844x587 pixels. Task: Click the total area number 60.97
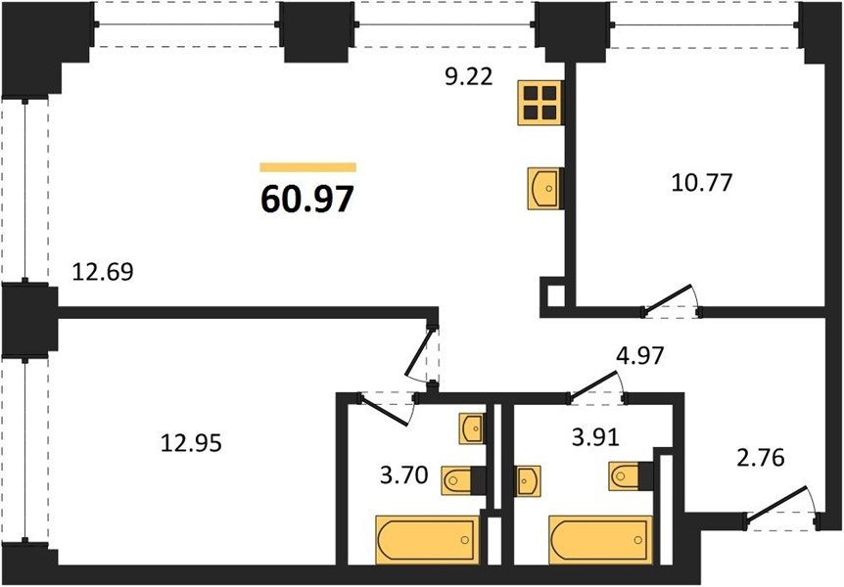pyautogui.click(x=307, y=199)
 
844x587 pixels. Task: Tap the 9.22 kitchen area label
pyautogui.click(x=469, y=77)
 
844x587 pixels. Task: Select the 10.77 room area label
pyautogui.click(x=702, y=182)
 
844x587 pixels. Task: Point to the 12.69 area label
pyautogui.click(x=103, y=272)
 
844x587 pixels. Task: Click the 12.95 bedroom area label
pyautogui.click(x=192, y=443)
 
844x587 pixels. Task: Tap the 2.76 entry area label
pyautogui.click(x=761, y=458)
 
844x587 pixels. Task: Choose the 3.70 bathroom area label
pyautogui.click(x=404, y=475)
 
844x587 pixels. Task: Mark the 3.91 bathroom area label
pyautogui.click(x=596, y=437)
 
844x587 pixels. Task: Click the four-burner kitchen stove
pyautogui.click(x=539, y=103)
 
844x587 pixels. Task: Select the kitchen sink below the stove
pyautogui.click(x=545, y=188)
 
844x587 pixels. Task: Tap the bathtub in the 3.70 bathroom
pyautogui.click(x=427, y=540)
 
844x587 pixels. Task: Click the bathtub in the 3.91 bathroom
pyautogui.click(x=600, y=540)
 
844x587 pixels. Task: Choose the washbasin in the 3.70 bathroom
pyautogui.click(x=472, y=429)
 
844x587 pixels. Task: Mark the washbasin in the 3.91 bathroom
pyautogui.click(x=528, y=480)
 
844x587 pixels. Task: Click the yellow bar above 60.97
pyautogui.click(x=307, y=166)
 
